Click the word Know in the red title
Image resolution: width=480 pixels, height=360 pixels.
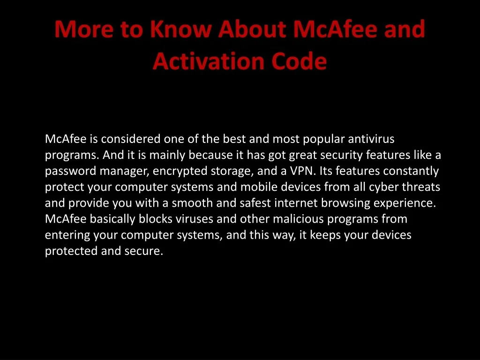click(x=180, y=29)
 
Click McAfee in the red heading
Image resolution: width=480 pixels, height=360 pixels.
click(x=335, y=29)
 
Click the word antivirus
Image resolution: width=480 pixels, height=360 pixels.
click(x=371, y=139)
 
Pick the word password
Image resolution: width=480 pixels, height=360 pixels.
click(x=71, y=171)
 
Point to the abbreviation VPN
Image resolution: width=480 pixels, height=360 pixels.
click(x=302, y=171)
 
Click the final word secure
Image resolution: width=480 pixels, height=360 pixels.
click(x=143, y=251)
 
